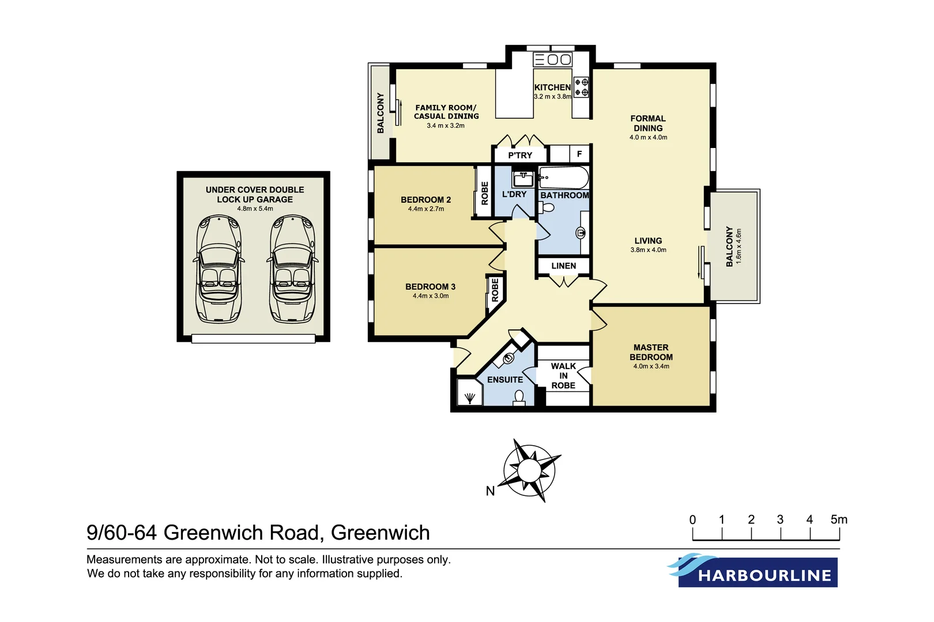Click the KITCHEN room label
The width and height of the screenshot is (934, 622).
[552, 88]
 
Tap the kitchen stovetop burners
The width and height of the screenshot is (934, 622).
[581, 88]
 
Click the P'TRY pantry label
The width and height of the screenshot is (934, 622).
[520, 155]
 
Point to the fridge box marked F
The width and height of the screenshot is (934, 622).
[579, 154]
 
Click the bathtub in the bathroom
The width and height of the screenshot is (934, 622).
[564, 178]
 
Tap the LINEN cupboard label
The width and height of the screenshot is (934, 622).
[563, 266]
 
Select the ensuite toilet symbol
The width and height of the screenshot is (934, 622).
[519, 397]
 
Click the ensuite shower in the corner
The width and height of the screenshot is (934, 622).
[469, 395]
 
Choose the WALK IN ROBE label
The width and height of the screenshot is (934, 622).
[563, 376]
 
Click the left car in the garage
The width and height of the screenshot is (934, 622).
[219, 269]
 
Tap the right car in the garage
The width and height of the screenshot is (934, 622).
[292, 269]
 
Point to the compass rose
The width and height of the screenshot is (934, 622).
[529, 471]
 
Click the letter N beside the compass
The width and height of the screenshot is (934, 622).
[490, 491]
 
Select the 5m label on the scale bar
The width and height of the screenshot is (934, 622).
[839, 519]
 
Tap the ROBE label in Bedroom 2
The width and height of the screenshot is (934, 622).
[484, 193]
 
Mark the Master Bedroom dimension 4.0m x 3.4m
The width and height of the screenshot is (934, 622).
[651, 366]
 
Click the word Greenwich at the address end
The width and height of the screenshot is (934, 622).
[381, 533]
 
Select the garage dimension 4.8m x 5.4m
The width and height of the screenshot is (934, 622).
[255, 208]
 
